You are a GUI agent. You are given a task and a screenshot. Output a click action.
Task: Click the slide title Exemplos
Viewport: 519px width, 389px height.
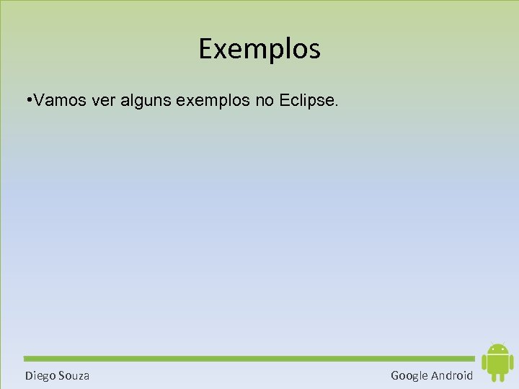(x=259, y=50)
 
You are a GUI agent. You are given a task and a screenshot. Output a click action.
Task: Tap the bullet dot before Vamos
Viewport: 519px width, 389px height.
(x=27, y=102)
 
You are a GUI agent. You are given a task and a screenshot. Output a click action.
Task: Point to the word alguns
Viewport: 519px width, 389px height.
(x=147, y=102)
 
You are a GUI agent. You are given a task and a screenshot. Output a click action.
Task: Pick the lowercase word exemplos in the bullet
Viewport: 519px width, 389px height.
(x=213, y=102)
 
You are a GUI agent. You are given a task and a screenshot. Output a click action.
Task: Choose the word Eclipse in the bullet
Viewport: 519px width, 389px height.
(x=308, y=102)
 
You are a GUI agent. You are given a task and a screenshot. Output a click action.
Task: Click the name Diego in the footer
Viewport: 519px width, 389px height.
(x=40, y=375)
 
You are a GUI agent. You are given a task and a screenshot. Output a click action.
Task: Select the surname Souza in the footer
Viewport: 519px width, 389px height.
(x=74, y=375)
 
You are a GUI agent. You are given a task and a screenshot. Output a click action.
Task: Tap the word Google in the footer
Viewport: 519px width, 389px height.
(x=409, y=375)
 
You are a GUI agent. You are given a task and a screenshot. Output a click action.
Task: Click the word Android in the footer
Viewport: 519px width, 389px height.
(x=452, y=375)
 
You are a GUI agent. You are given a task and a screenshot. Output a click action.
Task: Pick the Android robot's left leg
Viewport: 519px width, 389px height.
(x=493, y=377)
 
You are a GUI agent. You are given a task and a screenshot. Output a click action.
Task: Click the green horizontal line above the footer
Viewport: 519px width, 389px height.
(x=249, y=358)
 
